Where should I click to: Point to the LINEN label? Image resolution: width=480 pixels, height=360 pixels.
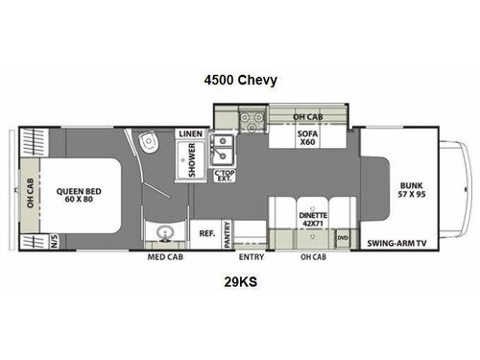[190, 133]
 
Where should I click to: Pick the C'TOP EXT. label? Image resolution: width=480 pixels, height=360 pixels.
[223, 176]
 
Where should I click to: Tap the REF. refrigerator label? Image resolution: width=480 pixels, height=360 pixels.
[205, 232]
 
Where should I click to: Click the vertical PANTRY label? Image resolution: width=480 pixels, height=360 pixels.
[228, 235]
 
